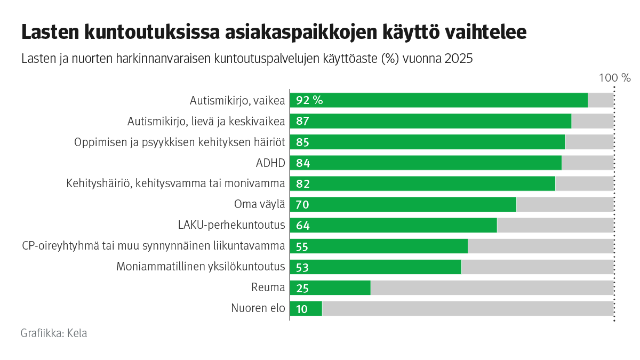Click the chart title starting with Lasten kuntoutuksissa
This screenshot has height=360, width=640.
coord(274,33)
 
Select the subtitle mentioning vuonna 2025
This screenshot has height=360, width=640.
coord(246,59)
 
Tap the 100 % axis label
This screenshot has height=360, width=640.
coord(614,78)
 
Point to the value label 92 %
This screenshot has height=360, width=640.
coord(309,100)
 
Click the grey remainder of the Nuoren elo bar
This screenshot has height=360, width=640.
coord(467,309)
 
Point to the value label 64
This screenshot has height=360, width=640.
coord(302,226)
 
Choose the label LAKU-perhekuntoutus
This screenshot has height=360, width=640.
coord(231,225)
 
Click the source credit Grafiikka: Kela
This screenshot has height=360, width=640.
coord(54,333)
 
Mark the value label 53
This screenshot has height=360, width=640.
coord(302,267)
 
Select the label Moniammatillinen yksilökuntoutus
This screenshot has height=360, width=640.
coord(201,267)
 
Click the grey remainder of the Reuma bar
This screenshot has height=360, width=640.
coord(492,288)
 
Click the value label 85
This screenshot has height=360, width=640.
coord(302,142)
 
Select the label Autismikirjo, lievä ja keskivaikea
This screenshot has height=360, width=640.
coord(206,122)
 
